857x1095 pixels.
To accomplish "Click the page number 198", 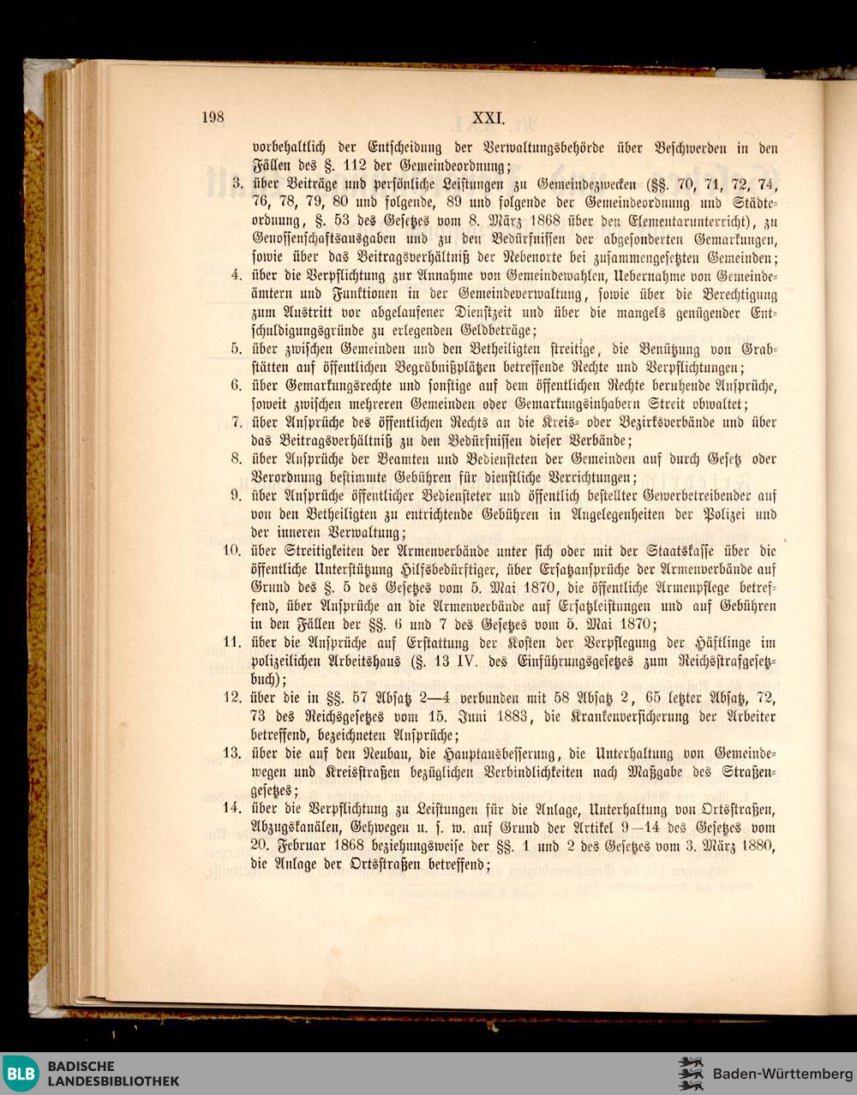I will click(213, 118).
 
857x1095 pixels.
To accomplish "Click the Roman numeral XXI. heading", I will click(491, 118).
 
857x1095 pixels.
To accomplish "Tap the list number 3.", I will click(240, 182).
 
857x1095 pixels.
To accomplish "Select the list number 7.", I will click(240, 422).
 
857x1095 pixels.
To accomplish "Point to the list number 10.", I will click(233, 550).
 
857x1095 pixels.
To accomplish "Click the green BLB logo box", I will click(21, 1074).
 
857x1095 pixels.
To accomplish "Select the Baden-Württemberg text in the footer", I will click(782, 1074).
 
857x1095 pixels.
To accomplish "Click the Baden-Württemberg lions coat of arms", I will click(691, 1074).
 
